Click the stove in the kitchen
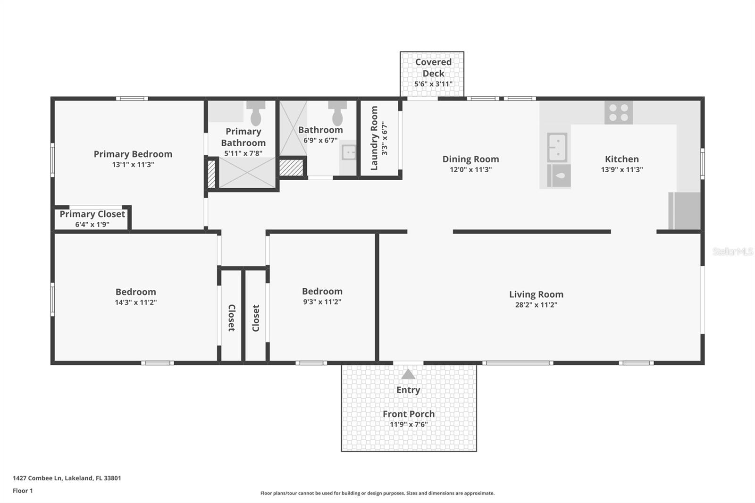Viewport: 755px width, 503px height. pos(618,112)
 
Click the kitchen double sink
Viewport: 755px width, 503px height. pos(557,147)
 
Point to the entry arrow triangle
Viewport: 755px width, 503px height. pos(408,374)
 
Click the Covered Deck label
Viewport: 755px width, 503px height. pos(433,67)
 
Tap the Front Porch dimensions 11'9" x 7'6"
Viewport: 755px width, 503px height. pos(409,424)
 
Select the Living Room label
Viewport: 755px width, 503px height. pos(536,294)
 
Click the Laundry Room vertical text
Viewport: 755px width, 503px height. pos(374,138)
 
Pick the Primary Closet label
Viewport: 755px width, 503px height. pos(92,214)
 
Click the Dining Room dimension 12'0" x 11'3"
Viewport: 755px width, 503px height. pos(470,169)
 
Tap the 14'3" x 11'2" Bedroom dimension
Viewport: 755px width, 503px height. pos(135,302)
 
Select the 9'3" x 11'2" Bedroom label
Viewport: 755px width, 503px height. pos(322,291)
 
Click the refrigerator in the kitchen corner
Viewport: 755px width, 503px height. pos(685,210)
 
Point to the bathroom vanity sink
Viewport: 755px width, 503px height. pos(349,152)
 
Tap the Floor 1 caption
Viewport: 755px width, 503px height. pos(23,491)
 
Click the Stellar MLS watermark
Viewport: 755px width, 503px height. pos(732,251)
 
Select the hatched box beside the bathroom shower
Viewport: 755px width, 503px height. pos(291,168)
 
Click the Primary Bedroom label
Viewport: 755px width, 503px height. pos(133,154)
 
